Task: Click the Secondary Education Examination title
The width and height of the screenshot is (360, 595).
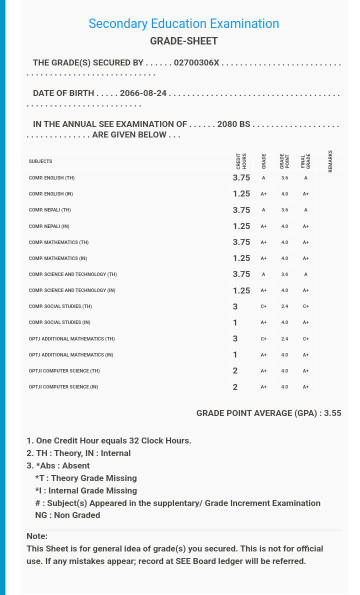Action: click(183, 23)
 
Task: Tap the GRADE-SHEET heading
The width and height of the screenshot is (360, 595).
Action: click(183, 41)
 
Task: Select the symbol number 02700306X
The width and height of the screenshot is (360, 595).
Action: click(196, 63)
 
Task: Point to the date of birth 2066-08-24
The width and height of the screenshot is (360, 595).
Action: click(143, 93)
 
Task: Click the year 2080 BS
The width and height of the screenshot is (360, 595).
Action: click(233, 124)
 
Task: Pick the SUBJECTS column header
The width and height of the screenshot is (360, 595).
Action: click(40, 161)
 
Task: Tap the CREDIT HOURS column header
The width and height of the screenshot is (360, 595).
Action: click(241, 161)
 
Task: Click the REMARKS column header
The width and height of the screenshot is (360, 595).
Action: click(330, 161)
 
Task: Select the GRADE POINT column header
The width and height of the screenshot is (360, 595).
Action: click(284, 161)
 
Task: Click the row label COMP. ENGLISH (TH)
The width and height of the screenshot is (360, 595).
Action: click(51, 178)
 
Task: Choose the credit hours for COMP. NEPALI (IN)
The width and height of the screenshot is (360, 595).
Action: click(241, 226)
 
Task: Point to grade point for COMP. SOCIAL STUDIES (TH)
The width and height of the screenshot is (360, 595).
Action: click(284, 306)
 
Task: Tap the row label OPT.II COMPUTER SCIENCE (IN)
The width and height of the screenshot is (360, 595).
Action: click(63, 387)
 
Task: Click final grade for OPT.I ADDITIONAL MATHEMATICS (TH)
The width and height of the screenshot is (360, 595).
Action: click(305, 339)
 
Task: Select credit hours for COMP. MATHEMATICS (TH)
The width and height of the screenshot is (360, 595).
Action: click(241, 242)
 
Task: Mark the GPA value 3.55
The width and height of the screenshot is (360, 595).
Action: click(332, 413)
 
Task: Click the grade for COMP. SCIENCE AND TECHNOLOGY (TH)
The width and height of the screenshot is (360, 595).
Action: click(263, 274)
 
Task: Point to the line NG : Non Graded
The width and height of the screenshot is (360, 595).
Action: click(67, 515)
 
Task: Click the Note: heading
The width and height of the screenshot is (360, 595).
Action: click(37, 536)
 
